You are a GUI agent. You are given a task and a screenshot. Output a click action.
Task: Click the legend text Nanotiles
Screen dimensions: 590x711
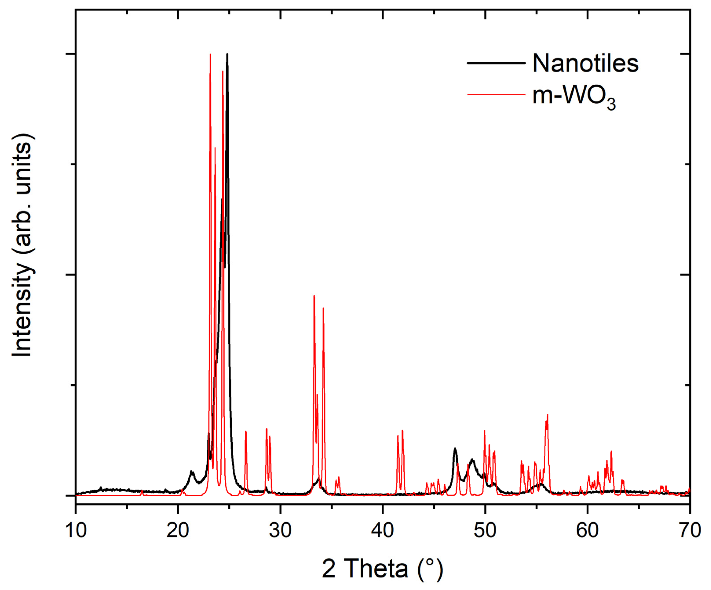pyautogui.click(x=585, y=63)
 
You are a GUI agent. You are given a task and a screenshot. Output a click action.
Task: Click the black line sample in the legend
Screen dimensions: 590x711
pyautogui.click(x=496, y=63)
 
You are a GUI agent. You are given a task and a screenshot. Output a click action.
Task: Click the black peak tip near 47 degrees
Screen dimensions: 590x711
pyautogui.click(x=455, y=448)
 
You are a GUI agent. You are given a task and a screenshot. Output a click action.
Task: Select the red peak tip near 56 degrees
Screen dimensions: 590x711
pyautogui.click(x=547, y=415)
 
